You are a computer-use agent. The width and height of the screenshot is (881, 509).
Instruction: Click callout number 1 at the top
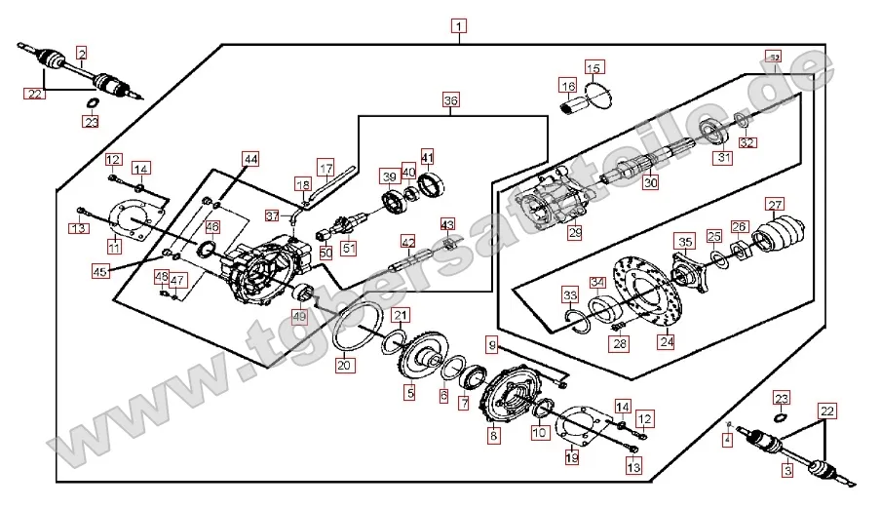point(458,26)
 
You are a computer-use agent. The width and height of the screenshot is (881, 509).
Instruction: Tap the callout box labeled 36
point(449,100)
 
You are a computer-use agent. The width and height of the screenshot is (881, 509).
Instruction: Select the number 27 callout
point(775,205)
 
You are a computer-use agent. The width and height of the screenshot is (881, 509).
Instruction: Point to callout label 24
point(666,342)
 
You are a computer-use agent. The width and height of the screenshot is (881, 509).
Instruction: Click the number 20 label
point(343,367)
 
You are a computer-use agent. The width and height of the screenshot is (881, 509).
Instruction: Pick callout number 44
point(250,159)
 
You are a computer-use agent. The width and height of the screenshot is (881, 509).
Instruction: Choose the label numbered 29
point(575,232)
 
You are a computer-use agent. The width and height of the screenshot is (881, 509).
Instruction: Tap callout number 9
point(493,345)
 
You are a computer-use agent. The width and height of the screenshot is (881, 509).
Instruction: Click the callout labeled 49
point(299,317)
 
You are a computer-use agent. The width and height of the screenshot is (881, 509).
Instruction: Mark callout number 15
point(594,67)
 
